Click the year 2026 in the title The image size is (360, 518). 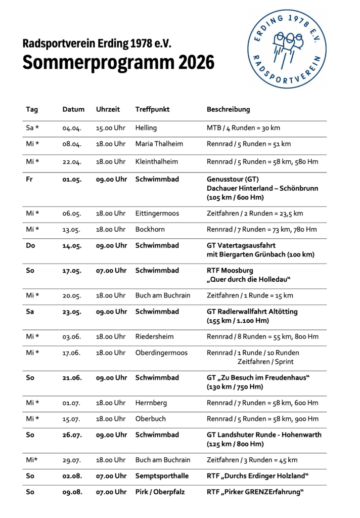196,63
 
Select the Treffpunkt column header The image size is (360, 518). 152,109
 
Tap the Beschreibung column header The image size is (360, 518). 228,109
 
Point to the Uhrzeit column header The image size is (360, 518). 108,109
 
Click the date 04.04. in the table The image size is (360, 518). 72,128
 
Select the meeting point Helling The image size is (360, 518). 146,128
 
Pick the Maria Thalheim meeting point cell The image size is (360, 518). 159,144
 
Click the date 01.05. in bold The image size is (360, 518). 72,179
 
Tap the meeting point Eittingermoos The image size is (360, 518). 157,213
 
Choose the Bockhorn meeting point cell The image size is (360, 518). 150,229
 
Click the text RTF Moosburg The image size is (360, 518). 230,271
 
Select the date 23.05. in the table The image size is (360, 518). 72,312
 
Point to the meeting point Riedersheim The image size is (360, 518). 155,336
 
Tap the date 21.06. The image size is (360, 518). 72,378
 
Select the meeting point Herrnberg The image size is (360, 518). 151,403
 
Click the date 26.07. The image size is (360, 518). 72,435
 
